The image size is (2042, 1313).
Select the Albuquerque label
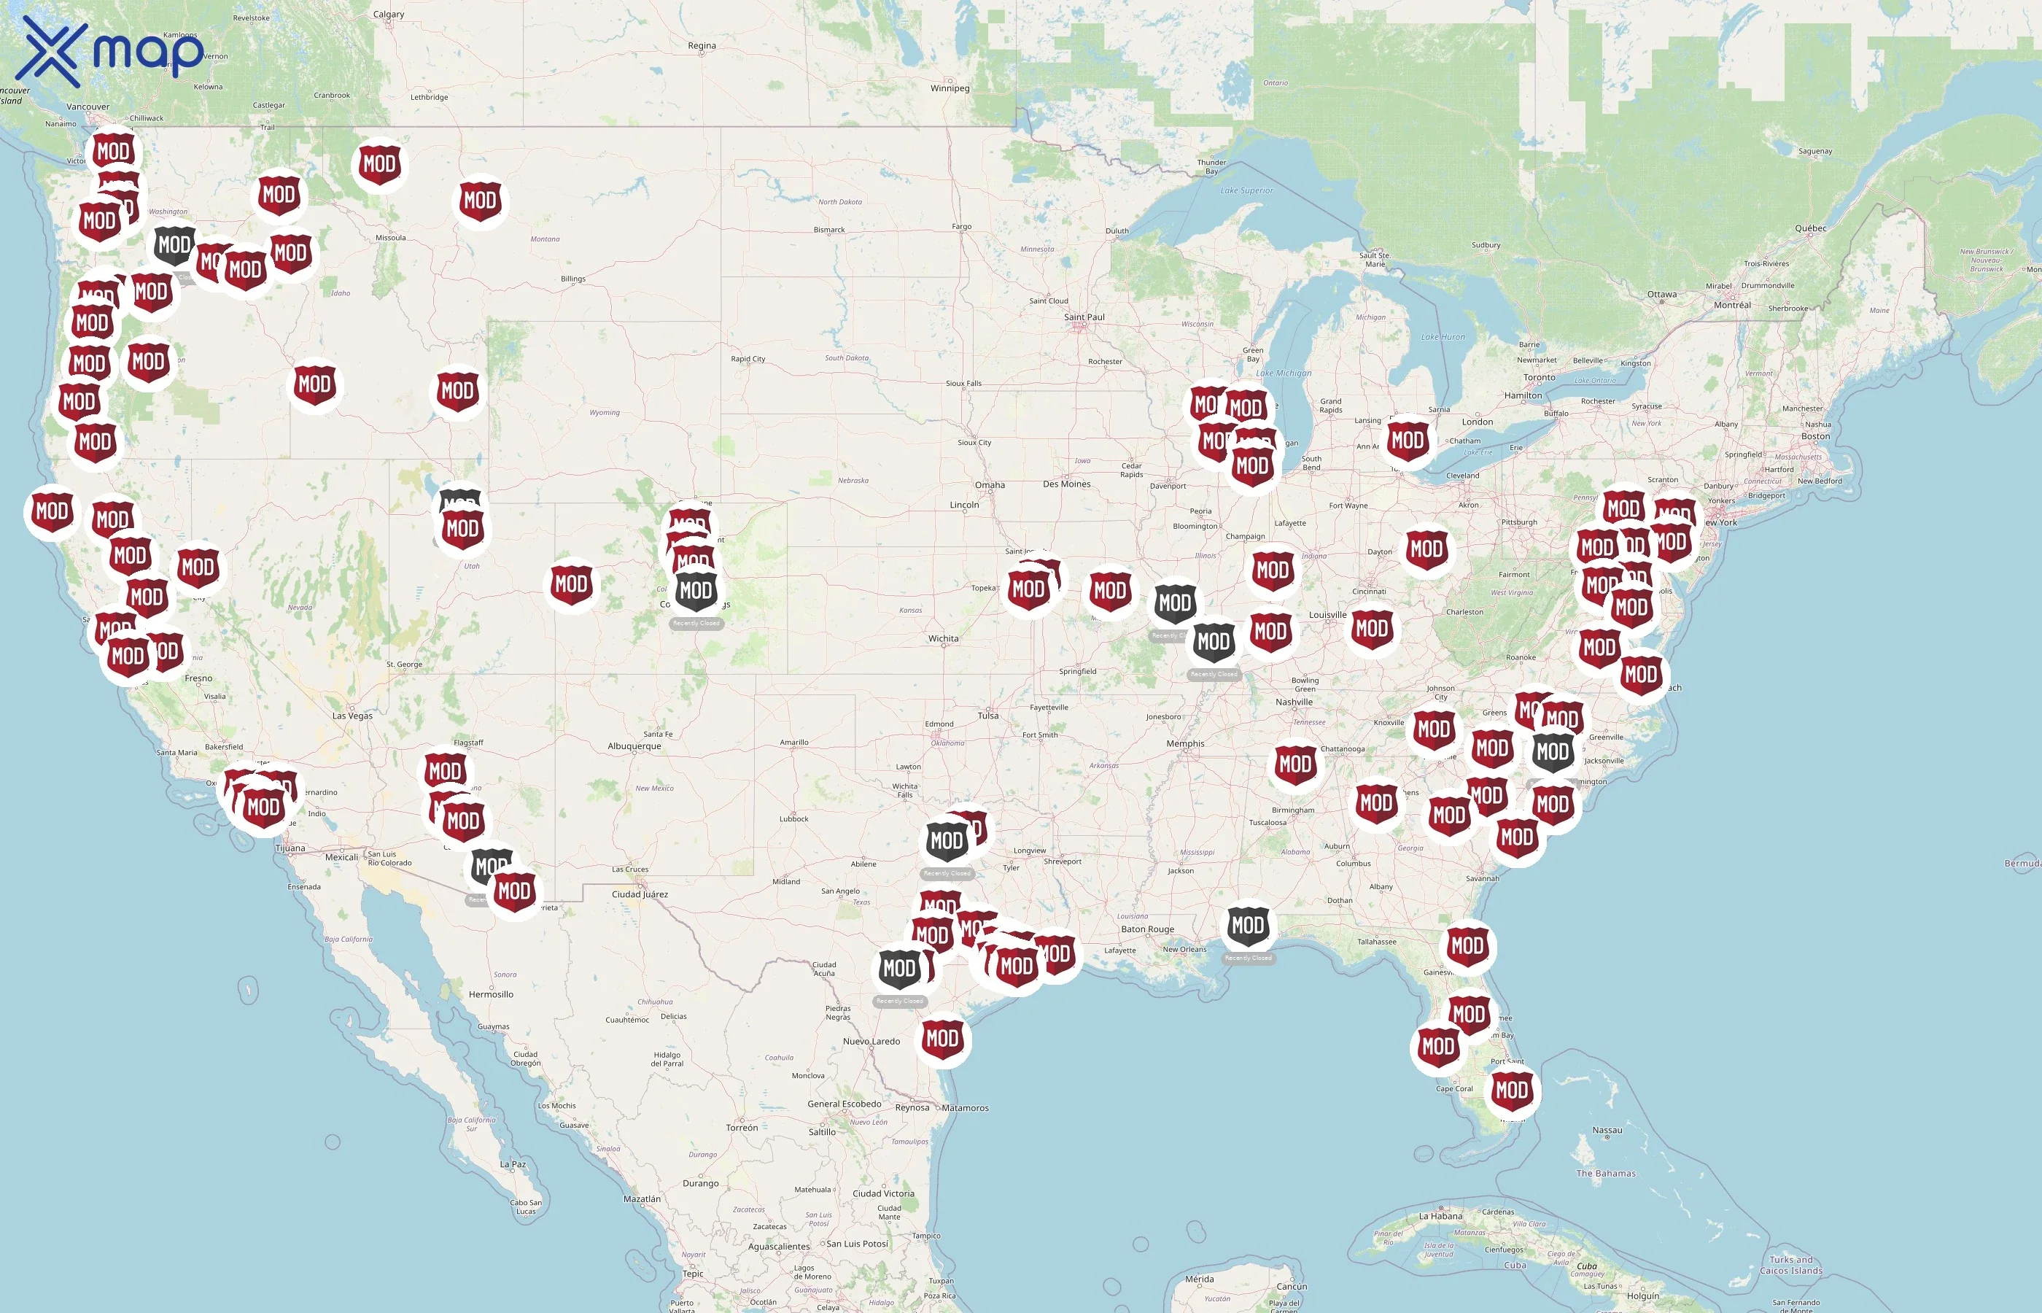633,746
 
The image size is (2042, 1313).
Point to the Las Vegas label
352,716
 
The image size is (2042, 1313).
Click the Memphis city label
1184,744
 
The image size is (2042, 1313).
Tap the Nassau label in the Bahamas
1607,1131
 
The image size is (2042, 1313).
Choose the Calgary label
389,15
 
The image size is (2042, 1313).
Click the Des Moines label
1066,484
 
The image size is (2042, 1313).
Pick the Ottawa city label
1661,295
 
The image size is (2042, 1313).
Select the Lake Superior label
1246,191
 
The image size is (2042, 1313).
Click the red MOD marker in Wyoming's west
458,390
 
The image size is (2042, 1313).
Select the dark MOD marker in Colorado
696,590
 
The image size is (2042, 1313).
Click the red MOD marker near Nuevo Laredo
942,1039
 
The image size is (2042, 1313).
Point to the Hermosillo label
491,994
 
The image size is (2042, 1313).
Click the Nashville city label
1294,702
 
